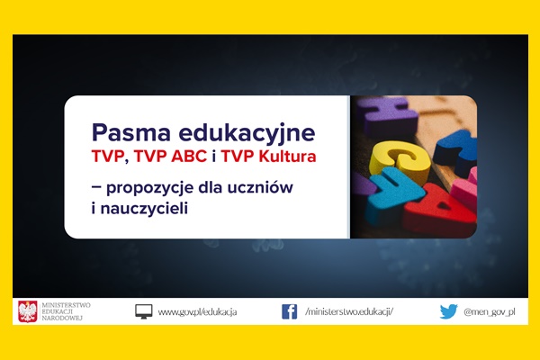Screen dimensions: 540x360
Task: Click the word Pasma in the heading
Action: [130, 132]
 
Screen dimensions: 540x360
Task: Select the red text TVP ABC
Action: [170, 157]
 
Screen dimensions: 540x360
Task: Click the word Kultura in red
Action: [287, 157]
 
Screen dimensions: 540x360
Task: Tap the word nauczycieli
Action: [144, 209]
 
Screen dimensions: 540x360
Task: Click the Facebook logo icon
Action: [289, 311]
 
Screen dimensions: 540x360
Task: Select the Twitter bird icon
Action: [448, 311]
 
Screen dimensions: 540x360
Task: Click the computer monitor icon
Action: [144, 311]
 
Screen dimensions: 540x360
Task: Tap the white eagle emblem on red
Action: [28, 311]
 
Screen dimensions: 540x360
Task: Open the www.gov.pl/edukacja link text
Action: [197, 312]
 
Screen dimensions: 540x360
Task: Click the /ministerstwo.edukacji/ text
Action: [349, 311]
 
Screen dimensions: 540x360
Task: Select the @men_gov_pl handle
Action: [490, 312]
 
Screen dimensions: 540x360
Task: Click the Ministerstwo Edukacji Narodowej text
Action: [66, 311]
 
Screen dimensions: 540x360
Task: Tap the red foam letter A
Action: [439, 210]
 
